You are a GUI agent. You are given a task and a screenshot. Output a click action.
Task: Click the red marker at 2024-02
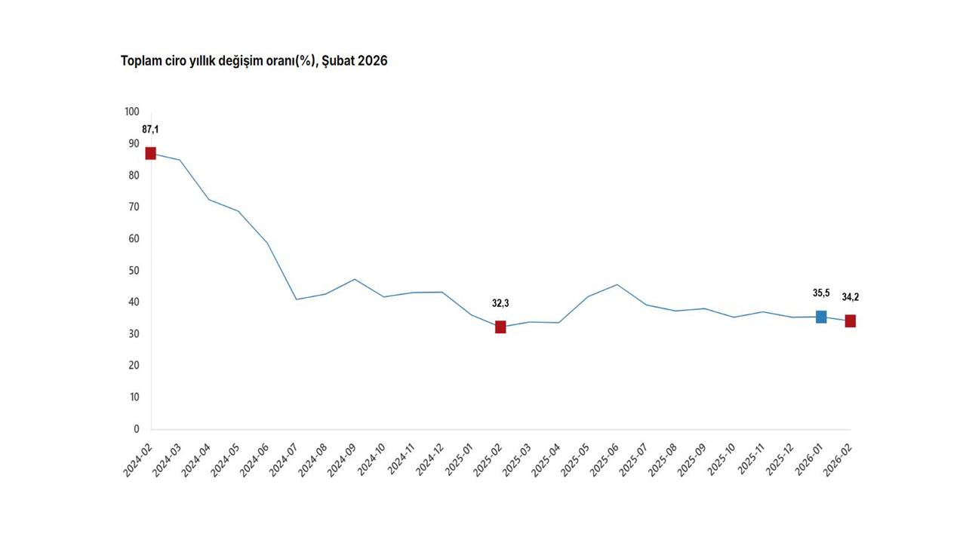point(150,153)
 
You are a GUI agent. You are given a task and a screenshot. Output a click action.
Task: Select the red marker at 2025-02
point(500,327)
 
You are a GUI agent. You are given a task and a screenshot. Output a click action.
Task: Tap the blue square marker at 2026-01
point(821,317)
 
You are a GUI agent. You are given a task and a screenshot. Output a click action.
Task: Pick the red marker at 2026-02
point(851,321)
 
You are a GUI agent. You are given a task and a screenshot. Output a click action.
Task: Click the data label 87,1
point(150,130)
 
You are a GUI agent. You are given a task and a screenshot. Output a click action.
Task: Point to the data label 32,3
point(500,303)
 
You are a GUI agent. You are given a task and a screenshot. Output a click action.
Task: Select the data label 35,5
point(821,293)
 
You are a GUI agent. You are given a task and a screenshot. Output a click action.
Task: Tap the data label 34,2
point(851,297)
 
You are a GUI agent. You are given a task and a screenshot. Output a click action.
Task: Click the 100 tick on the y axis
point(132,112)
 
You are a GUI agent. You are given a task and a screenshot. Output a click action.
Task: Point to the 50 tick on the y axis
point(134,270)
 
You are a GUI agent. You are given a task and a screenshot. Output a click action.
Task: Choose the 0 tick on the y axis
point(137,429)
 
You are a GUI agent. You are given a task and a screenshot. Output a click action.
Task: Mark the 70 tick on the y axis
point(134,207)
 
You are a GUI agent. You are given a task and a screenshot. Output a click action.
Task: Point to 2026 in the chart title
point(373,61)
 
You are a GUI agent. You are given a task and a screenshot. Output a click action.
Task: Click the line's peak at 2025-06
point(617,284)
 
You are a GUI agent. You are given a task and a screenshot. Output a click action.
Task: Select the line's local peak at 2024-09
point(355,279)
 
